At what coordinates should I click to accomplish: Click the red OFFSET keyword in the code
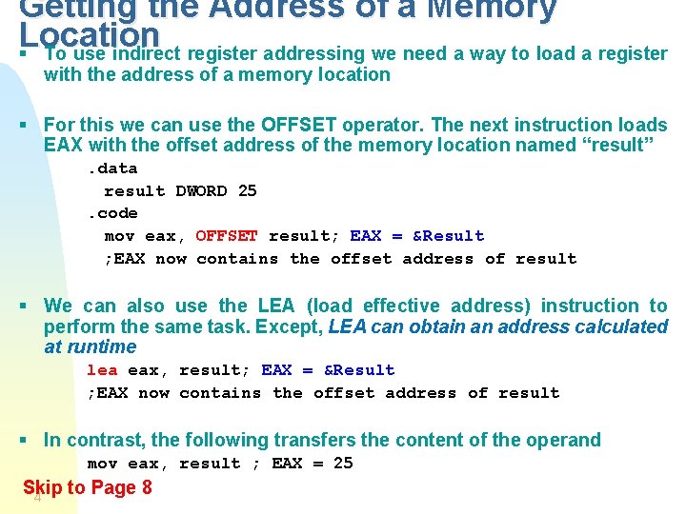tap(227, 236)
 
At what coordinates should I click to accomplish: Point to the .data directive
tap(112, 168)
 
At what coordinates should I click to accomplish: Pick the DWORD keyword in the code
tap(201, 191)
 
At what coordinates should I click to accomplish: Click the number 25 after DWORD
tap(247, 191)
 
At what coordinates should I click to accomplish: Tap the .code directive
tap(112, 213)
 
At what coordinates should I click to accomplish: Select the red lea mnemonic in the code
tap(102, 370)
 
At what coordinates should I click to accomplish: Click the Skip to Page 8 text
tap(88, 488)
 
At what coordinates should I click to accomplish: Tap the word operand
tap(567, 440)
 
